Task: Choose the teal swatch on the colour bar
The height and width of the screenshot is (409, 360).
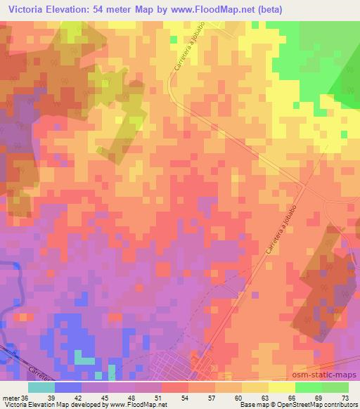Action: (x=41, y=387)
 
